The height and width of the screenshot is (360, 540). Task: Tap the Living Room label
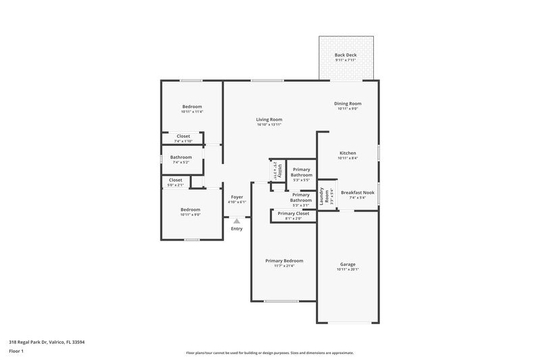[269, 120]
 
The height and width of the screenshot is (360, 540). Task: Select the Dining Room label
[348, 103]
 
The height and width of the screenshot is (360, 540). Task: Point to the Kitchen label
[348, 153]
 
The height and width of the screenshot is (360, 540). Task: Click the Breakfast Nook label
[353, 192]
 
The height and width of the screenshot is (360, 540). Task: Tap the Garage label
[348, 264]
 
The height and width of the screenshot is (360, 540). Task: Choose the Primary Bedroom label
[284, 261]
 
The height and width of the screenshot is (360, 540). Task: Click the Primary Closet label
[293, 213]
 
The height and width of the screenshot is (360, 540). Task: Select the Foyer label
[237, 197]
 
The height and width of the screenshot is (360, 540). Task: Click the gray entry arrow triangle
[236, 220]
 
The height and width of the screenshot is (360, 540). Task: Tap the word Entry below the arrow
[236, 229]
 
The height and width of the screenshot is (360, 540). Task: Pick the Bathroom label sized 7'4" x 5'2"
[182, 157]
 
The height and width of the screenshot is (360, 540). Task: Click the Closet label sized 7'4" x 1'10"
[183, 136]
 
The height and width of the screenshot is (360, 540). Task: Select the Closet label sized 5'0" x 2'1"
[175, 180]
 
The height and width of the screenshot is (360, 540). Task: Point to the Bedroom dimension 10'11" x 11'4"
[192, 112]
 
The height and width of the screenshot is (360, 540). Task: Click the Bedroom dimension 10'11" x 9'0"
[190, 215]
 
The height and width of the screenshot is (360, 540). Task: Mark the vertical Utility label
[274, 169]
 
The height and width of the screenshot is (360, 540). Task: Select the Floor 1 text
[16, 351]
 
